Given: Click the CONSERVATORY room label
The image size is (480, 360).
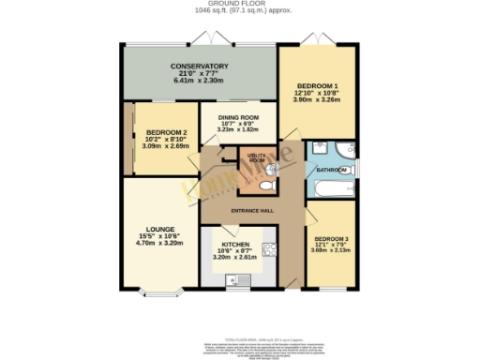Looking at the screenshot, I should pos(200,66).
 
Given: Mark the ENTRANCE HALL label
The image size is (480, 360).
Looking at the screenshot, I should pos(251,211).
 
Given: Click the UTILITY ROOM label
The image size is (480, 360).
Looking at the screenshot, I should pos(257,157).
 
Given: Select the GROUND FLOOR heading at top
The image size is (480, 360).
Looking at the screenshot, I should pos(240,4).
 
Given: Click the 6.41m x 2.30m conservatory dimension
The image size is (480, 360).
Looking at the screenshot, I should pos(200,81).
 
